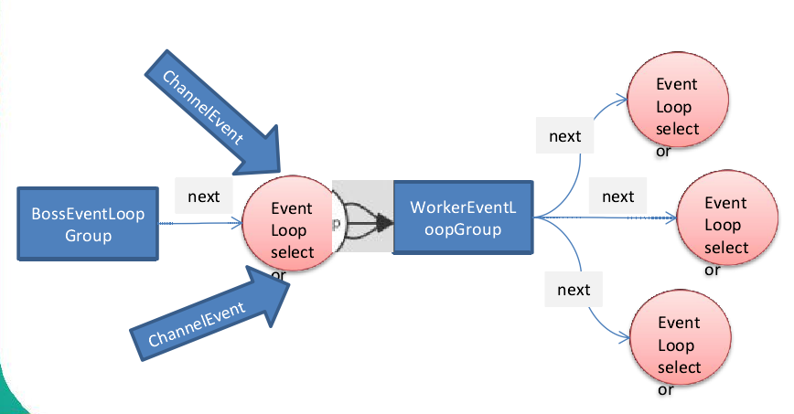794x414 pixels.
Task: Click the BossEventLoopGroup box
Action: [88, 224]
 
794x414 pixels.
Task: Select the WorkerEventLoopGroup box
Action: [464, 218]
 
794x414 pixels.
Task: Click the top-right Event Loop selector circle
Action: [678, 100]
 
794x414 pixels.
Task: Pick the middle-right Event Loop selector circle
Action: [727, 218]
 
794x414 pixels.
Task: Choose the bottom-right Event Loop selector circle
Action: [681, 337]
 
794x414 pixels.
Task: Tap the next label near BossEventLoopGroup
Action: [204, 196]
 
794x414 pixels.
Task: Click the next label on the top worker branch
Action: [565, 136]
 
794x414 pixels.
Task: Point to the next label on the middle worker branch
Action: [617, 196]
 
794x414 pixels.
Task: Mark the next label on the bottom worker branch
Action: [574, 290]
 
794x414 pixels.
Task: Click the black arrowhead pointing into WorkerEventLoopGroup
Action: [385, 223]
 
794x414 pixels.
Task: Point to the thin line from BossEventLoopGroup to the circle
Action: [200, 223]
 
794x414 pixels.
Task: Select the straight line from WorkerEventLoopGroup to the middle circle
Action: [606, 218]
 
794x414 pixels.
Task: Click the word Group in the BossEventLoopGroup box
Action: [88, 236]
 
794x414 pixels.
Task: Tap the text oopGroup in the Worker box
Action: [463, 229]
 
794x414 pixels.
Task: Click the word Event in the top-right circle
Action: [677, 84]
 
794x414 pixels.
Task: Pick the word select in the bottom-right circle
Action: [679, 366]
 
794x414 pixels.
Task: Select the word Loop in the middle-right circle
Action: [723, 225]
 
